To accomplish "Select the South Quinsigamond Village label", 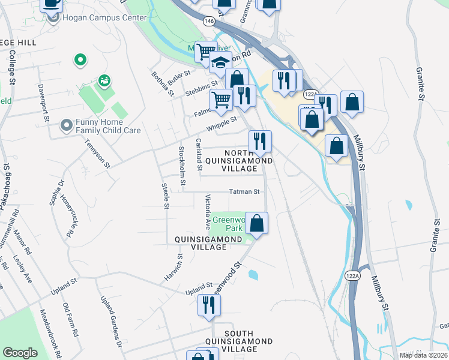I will coord(239,341).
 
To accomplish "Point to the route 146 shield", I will coord(208,21).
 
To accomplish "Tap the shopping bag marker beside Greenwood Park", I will coord(256,223).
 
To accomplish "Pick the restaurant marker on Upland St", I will coord(209,304).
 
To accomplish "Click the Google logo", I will coord(20,353).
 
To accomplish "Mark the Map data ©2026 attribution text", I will coord(423,355).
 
